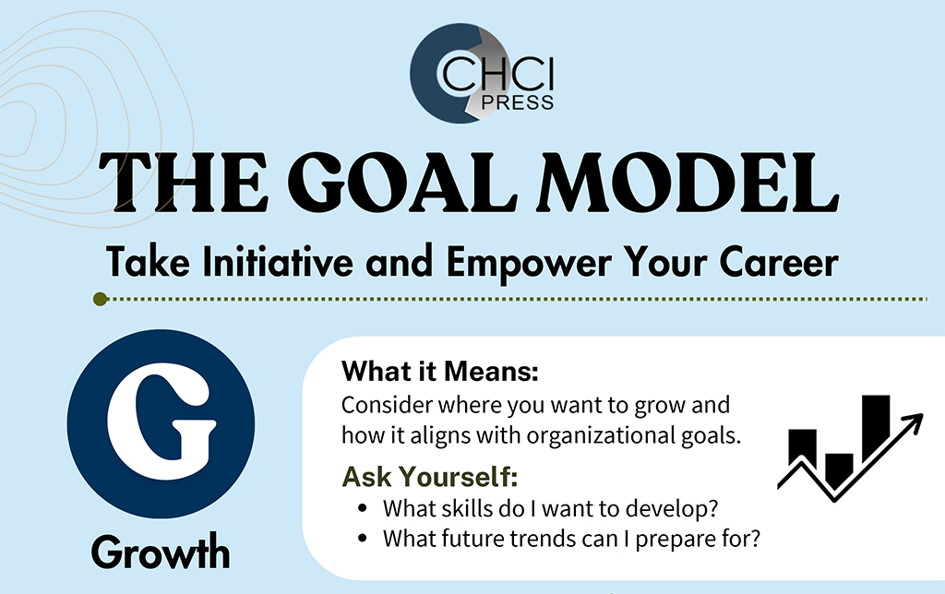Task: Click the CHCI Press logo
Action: [x=482, y=73]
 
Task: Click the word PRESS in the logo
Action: [x=517, y=103]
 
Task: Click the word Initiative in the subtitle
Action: [x=278, y=262]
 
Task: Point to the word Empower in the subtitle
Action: [x=529, y=263]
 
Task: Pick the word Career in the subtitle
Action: [x=779, y=262]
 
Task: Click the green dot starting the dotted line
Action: [x=101, y=299]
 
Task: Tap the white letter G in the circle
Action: [x=161, y=423]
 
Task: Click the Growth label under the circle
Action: [x=161, y=552]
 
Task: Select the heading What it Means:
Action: [x=440, y=371]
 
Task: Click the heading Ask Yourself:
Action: [x=430, y=477]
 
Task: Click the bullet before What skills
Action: [x=362, y=508]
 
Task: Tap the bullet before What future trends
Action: [x=362, y=538]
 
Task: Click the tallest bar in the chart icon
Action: [x=876, y=426]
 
